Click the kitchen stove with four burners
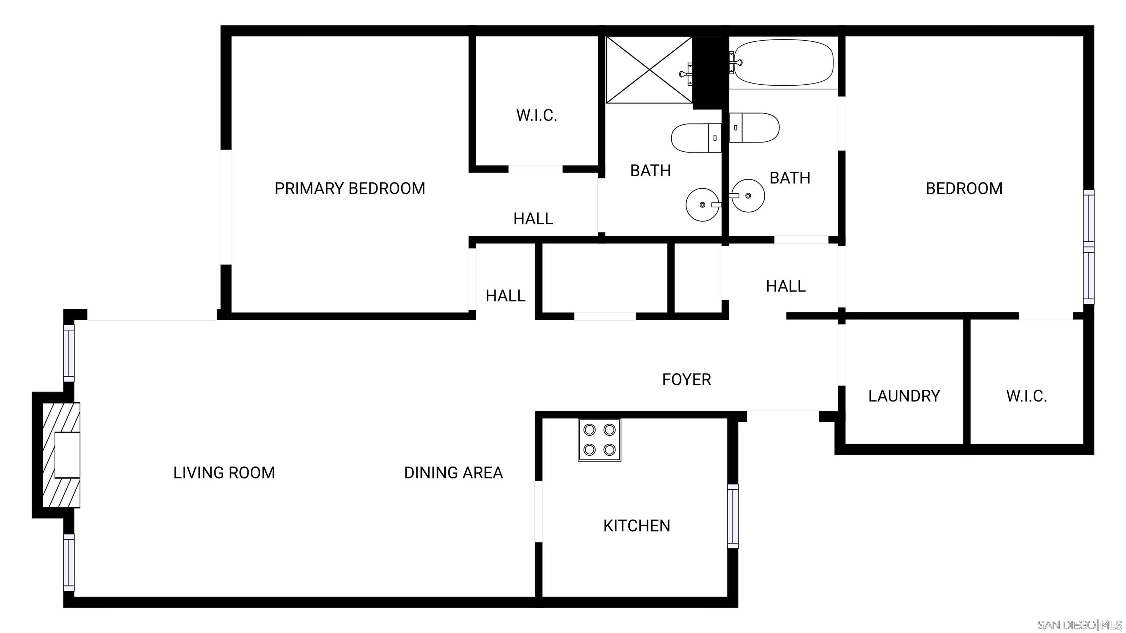599,440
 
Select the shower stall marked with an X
650,70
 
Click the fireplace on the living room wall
61,455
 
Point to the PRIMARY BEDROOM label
350,188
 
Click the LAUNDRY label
904,396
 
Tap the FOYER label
686,379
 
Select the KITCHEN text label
636,526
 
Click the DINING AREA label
453,473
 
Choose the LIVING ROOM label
224,473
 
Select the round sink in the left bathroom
702,204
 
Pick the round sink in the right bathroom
748,196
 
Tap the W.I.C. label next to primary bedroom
536,115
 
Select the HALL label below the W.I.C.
533,218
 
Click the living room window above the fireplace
69,353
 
